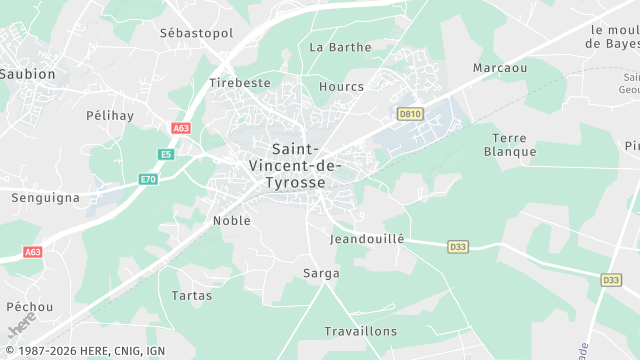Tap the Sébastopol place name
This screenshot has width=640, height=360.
(196, 33)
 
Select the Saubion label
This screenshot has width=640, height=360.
(28, 74)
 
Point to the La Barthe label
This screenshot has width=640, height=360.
(340, 47)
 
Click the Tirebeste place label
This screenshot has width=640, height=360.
(240, 83)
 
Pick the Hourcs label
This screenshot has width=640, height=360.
(341, 87)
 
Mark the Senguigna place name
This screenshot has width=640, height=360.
(45, 198)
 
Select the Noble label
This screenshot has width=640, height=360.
(232, 220)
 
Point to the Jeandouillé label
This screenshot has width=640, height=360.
(367, 240)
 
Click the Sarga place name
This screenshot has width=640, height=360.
(321, 273)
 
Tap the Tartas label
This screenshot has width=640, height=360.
(191, 296)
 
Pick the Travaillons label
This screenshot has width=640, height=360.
(360, 331)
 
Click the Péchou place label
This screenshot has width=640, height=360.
(30, 306)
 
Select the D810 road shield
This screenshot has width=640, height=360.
(409, 115)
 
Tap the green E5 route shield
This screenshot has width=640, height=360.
(166, 154)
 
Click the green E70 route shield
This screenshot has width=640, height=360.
(148, 179)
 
